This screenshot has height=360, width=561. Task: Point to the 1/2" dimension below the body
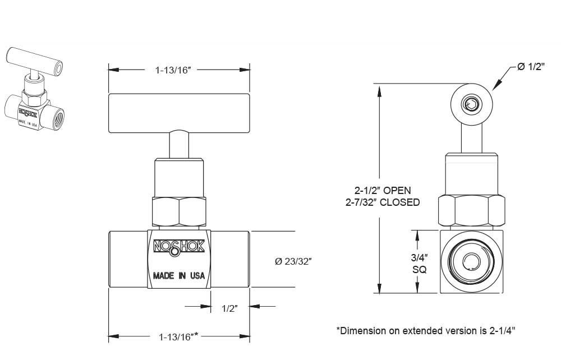(230, 308)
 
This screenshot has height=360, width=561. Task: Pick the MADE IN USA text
(179, 276)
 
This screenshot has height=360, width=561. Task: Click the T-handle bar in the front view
(179, 113)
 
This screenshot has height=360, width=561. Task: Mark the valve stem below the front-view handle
(179, 145)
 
